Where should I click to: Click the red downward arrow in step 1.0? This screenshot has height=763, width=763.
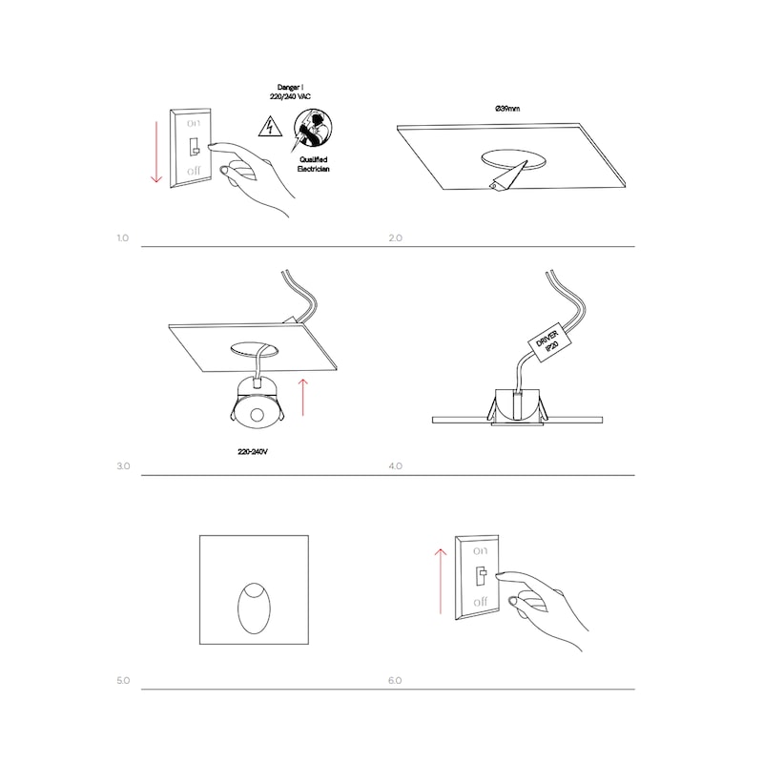tap(156, 152)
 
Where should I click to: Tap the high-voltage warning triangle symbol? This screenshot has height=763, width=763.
tap(270, 127)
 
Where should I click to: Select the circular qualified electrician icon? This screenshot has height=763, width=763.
tap(313, 128)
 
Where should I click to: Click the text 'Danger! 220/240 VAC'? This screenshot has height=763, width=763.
tap(290, 92)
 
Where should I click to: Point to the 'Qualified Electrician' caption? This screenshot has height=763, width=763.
tap(314, 164)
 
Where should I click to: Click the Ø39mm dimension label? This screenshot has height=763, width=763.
tap(507, 109)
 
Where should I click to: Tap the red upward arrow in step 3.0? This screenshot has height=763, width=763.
tap(302, 398)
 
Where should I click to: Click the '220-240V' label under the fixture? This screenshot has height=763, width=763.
tap(253, 451)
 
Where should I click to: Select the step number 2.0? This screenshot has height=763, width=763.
tap(395, 237)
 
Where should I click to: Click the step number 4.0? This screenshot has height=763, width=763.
tap(395, 466)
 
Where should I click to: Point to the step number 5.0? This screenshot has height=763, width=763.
tap(123, 680)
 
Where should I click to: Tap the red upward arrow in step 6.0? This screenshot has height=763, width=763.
tap(441, 581)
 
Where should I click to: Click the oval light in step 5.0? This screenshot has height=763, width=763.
tap(254, 608)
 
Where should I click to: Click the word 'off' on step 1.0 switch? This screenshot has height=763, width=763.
tap(194, 171)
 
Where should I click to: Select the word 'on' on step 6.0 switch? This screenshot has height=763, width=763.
tap(480, 551)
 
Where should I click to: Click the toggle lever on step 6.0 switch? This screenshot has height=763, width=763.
tap(482, 576)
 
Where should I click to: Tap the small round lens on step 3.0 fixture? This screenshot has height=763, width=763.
tap(257, 415)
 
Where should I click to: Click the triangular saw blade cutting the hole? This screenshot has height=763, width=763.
tap(508, 176)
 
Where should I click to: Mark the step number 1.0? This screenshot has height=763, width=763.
tap(123, 237)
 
